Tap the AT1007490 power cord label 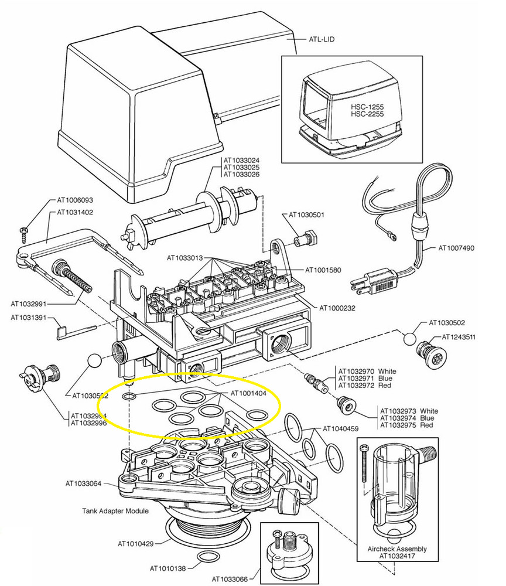pos(456,248)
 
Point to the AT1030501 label pos(305,215)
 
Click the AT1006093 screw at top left pos(23,231)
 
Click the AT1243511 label pos(459,337)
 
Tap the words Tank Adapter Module pos(115,511)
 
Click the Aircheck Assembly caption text pos(398,549)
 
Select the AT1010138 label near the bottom pos(169,568)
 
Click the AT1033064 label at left pos(84,483)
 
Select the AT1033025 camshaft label pos(241,168)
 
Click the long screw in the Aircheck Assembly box pos(365,469)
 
